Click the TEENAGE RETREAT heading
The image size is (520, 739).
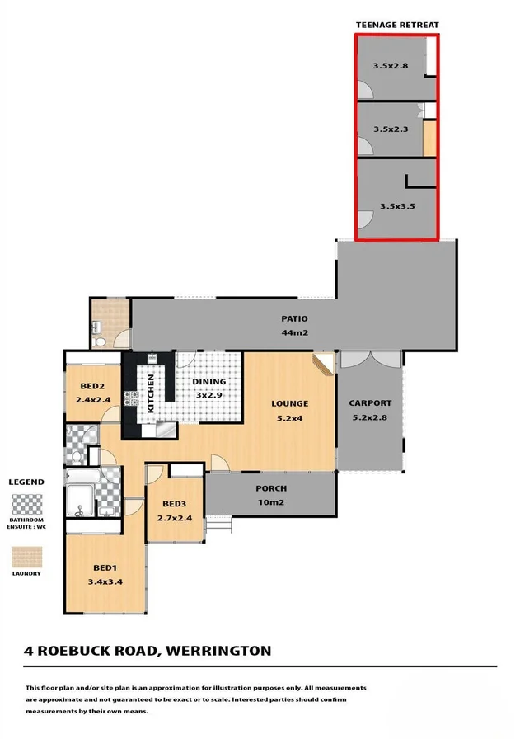point(397,26)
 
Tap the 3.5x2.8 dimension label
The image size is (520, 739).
point(390,66)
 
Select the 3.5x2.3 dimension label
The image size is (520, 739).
point(390,129)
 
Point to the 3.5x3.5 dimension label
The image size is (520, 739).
point(397,205)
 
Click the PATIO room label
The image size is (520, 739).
point(294,318)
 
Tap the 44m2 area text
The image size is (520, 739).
point(294,332)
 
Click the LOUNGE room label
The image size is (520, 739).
point(290,403)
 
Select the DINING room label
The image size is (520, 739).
point(208,382)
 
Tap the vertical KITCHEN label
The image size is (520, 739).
point(151,393)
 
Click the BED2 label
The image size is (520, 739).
point(91,386)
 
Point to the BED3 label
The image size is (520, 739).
point(174,505)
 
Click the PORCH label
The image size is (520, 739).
point(270,488)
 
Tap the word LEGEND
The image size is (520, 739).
point(26,482)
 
